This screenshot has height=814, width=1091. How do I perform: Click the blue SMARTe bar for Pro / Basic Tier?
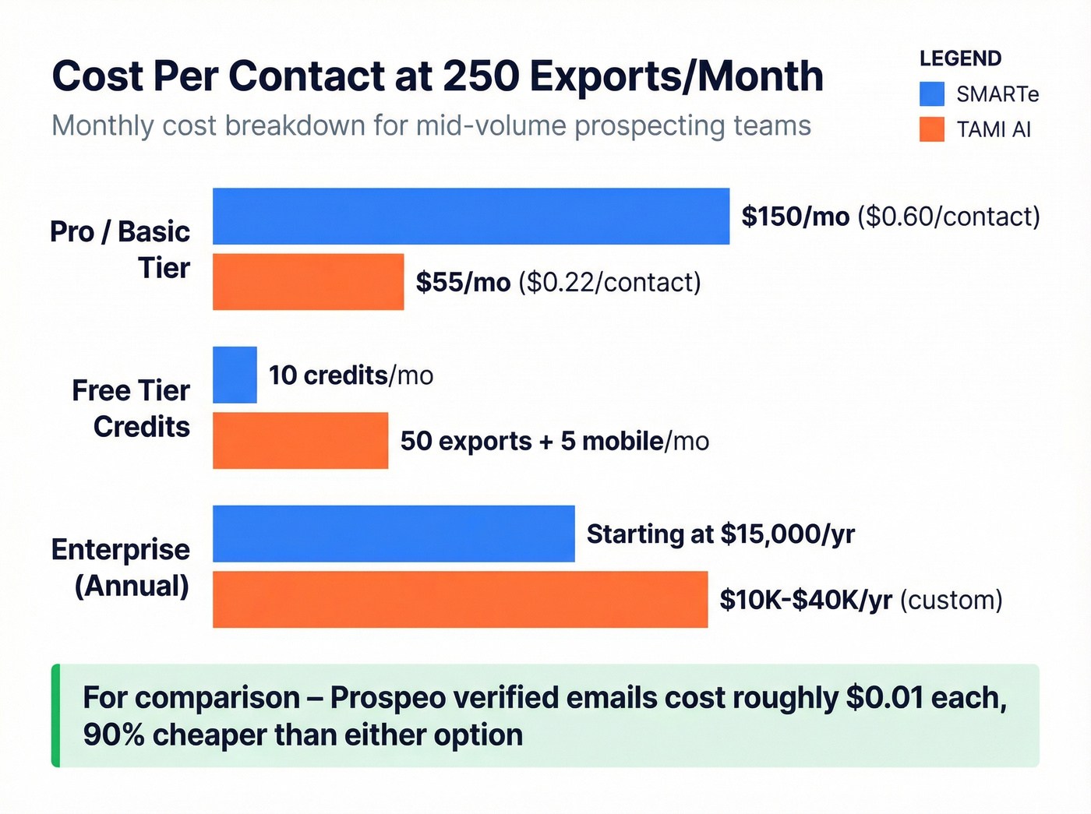tap(471, 216)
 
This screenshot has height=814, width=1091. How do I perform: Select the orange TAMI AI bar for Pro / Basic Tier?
tap(308, 281)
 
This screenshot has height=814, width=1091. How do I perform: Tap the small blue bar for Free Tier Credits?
tap(235, 375)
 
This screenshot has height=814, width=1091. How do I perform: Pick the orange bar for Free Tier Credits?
tap(300, 440)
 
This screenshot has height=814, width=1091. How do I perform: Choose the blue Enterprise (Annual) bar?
tap(394, 534)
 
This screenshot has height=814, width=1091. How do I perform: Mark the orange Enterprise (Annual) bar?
tap(460, 599)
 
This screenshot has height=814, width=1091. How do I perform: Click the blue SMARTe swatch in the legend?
tap(932, 94)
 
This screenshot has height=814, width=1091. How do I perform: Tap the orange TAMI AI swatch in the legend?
tap(932, 129)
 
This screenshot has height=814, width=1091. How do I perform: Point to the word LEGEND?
tap(960, 58)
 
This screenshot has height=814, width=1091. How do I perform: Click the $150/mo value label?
tap(795, 216)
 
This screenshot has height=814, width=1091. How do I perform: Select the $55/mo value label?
tap(463, 282)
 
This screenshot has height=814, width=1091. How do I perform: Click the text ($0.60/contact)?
tap(948, 216)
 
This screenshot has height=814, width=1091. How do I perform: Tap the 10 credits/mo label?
tap(351, 375)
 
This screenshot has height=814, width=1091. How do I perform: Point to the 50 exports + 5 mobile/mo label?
tap(554, 441)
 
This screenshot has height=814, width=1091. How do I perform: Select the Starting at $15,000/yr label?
tap(720, 534)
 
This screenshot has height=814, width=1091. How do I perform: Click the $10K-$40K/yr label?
tap(806, 600)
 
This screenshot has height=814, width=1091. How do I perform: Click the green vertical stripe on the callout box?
tap(55, 715)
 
